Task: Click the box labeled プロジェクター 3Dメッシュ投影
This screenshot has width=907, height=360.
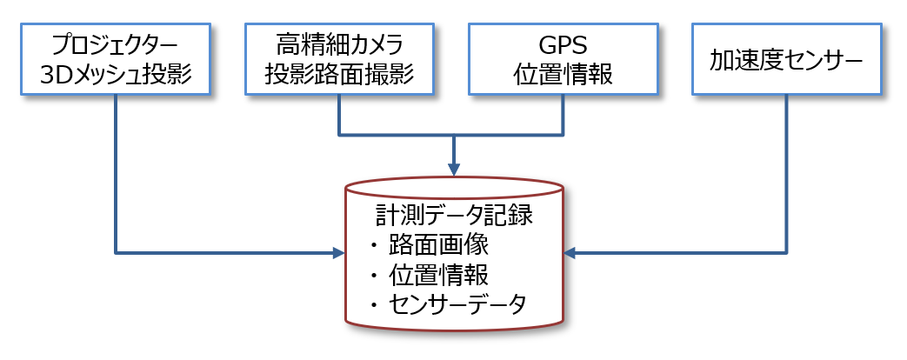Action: pyautogui.click(x=116, y=59)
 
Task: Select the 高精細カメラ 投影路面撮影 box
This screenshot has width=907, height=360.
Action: pyautogui.click(x=339, y=59)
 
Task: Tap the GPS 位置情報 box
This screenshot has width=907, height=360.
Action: pyautogui.click(x=563, y=59)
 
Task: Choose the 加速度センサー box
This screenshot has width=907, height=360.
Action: pyautogui.click(x=786, y=59)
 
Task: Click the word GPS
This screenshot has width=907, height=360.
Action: pyautogui.click(x=563, y=43)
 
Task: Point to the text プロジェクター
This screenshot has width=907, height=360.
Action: pyautogui.click(x=116, y=43)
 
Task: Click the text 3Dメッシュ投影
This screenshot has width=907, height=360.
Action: pyautogui.click(x=116, y=75)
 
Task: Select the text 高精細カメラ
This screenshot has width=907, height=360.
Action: pyautogui.click(x=339, y=43)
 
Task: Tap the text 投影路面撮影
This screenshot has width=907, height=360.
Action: pyautogui.click(x=339, y=75)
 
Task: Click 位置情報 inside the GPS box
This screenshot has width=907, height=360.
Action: pyautogui.click(x=563, y=75)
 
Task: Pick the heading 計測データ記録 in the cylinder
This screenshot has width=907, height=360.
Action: pyautogui.click(x=454, y=215)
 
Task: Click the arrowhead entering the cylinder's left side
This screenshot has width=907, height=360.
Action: pyautogui.click(x=338, y=254)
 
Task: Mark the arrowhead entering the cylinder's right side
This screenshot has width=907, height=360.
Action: pyautogui.click(x=570, y=254)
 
